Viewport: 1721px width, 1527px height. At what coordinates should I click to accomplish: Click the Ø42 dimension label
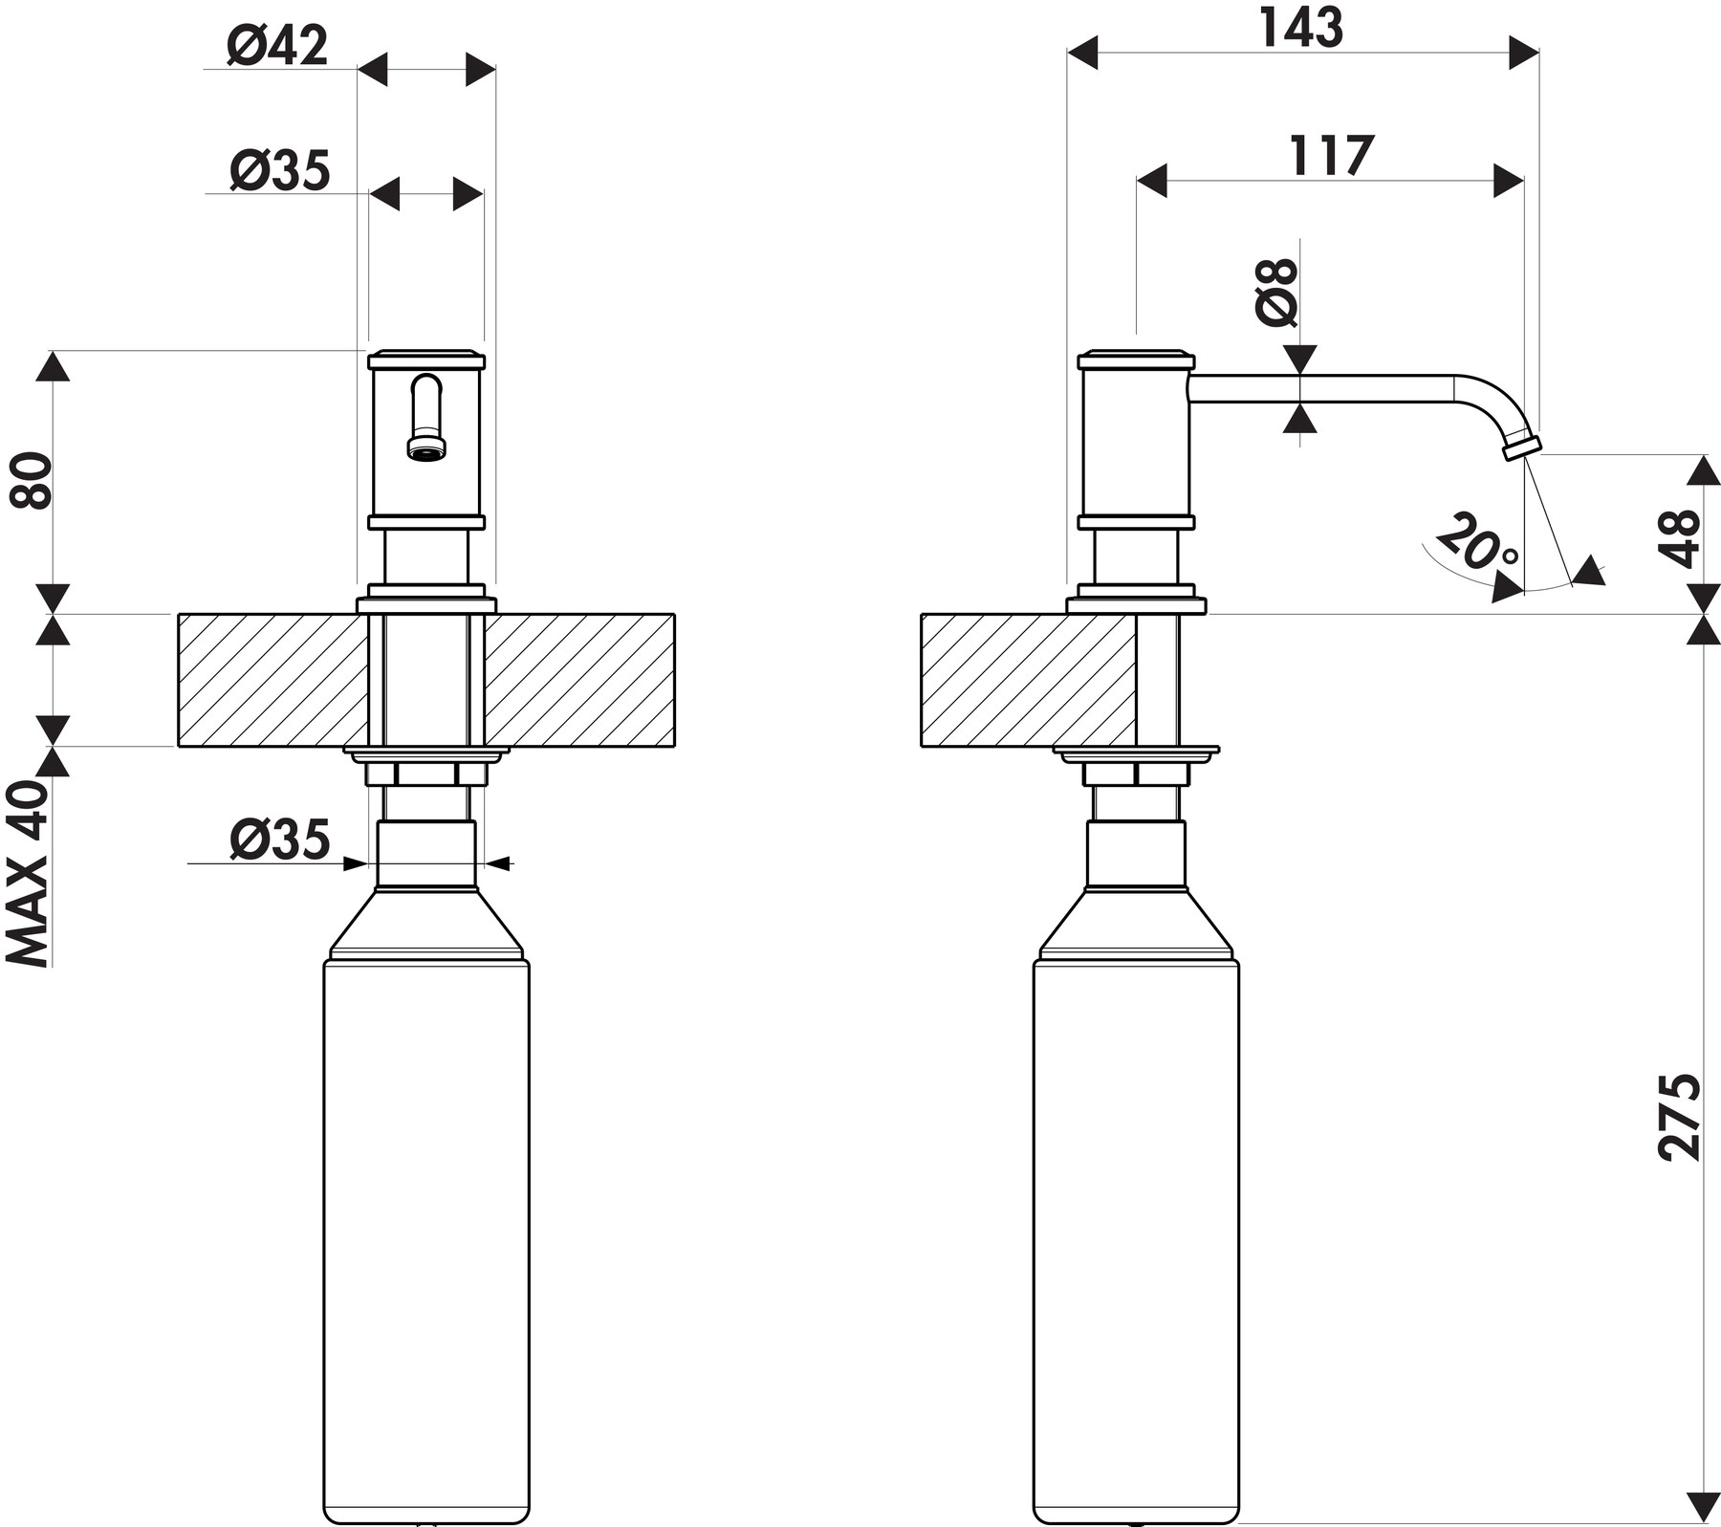point(277,45)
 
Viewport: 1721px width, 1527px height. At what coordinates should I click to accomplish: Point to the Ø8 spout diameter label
point(1277,293)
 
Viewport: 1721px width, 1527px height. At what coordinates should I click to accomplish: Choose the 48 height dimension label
point(1680,538)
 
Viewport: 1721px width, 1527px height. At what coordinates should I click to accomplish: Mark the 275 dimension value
point(1680,1117)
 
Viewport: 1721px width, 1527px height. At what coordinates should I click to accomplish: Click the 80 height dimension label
point(31,480)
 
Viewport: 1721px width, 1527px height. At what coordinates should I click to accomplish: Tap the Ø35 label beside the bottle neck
point(279,840)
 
